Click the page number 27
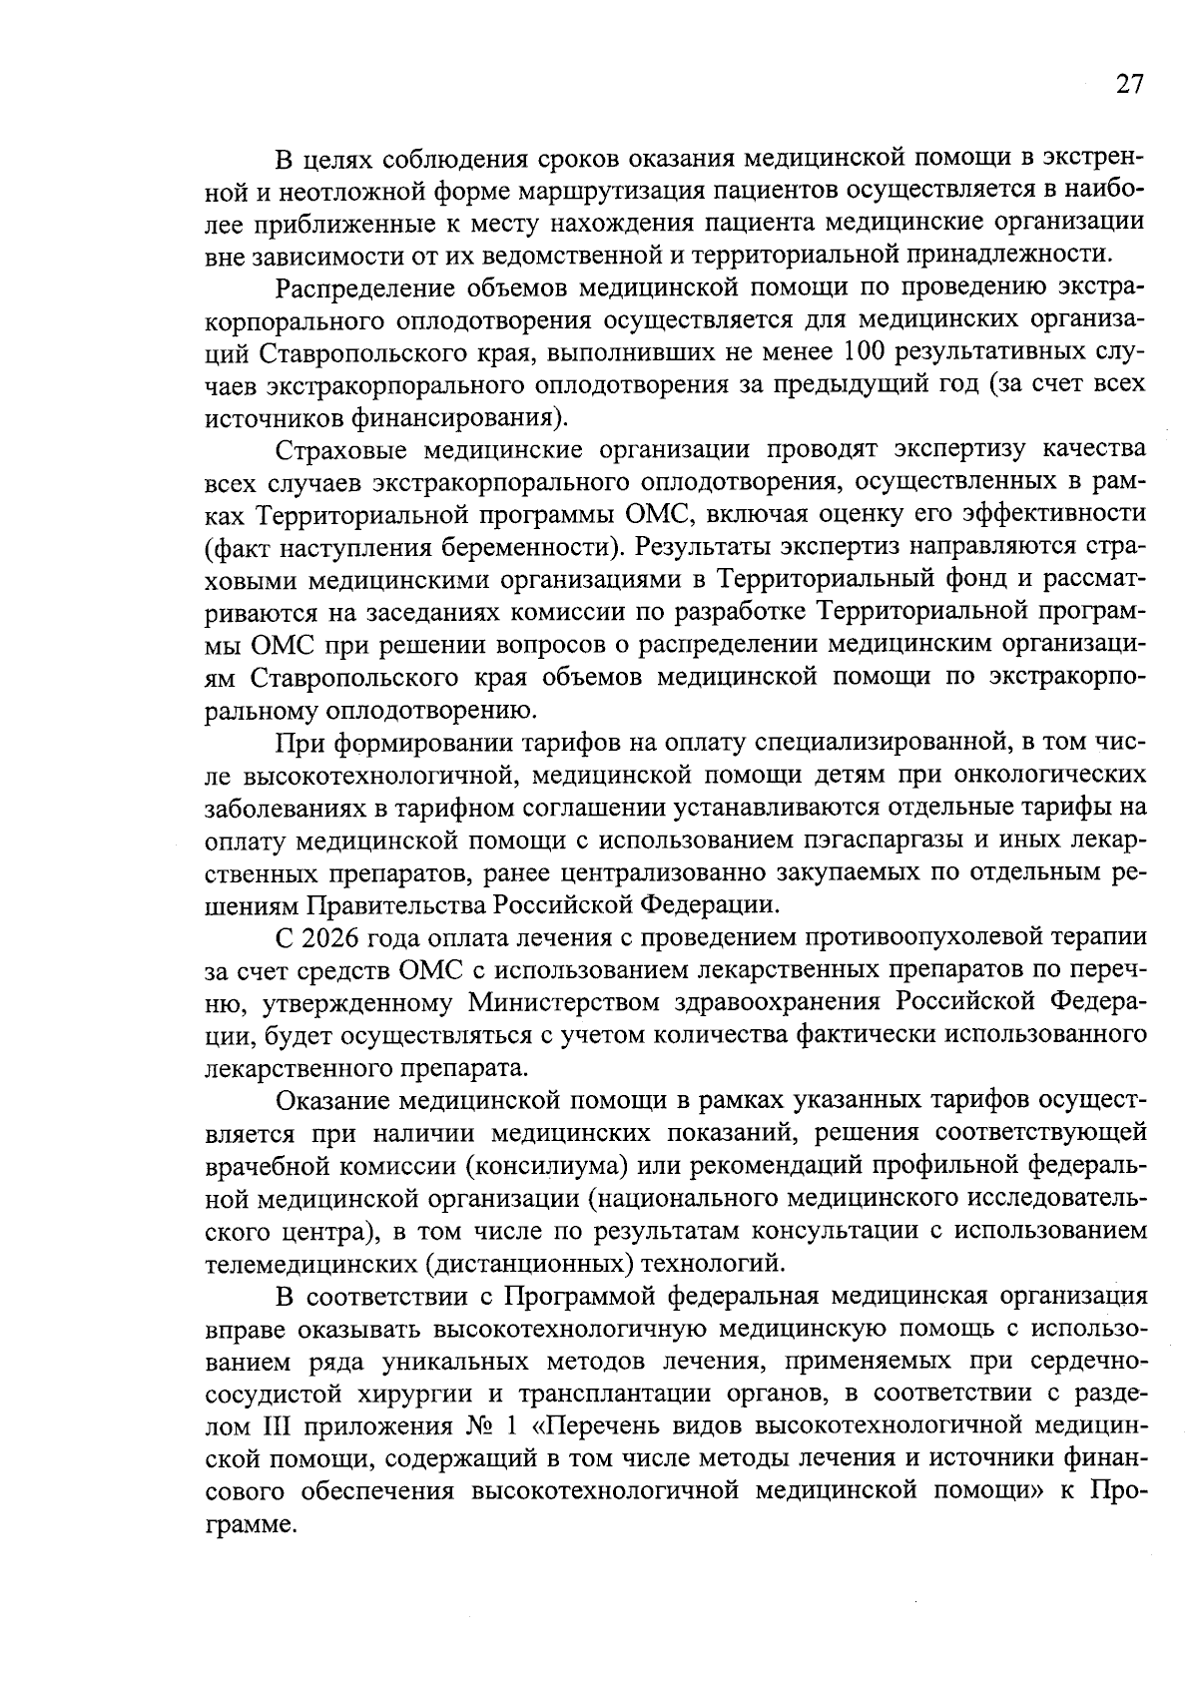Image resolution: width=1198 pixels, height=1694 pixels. (x=1129, y=84)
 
